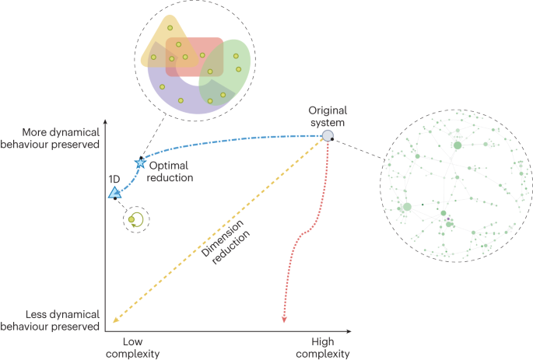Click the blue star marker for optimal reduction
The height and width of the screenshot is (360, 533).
pos(141,163)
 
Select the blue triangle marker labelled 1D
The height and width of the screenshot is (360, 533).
pos(114,191)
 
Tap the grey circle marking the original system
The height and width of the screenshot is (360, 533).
pos(328,137)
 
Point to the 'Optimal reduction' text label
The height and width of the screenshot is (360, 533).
pos(171,171)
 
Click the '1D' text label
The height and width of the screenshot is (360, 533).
pos(114,178)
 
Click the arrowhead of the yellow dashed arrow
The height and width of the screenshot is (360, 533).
pos(115,318)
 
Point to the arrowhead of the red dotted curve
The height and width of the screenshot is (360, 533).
pos(283,320)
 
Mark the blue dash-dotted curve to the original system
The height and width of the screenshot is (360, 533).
pos(233,142)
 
